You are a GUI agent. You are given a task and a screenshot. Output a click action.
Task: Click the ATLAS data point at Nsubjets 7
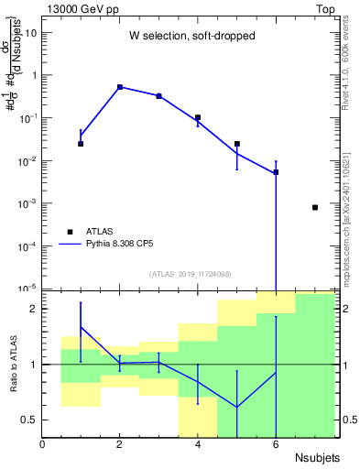coord(315,208)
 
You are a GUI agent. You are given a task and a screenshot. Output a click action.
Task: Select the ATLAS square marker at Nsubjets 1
coord(81,144)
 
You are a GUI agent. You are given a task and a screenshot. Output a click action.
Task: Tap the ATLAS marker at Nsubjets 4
coord(198,117)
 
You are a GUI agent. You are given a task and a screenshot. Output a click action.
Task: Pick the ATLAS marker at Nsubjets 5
coord(237,144)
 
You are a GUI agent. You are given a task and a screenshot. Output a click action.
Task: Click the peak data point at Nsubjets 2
coord(120,87)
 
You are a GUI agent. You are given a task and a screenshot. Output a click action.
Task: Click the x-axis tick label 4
coord(198,444)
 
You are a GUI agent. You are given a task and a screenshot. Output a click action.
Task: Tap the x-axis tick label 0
coord(42,444)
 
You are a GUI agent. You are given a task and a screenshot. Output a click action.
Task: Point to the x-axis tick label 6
coord(276,444)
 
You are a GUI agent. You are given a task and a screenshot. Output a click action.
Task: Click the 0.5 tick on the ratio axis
coord(30,420)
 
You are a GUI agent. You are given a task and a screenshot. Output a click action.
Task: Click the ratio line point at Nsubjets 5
coord(237,407)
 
